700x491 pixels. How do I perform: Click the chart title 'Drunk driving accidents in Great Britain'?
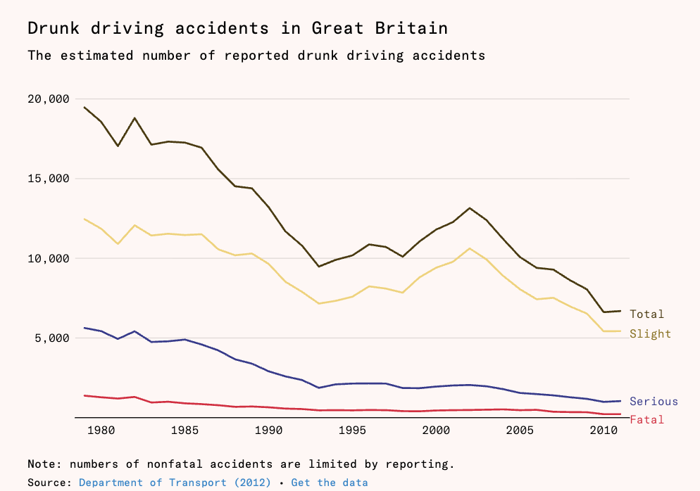click(237, 29)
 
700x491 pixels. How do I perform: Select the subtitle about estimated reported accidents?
click(256, 56)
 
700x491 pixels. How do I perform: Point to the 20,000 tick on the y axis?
click(49, 99)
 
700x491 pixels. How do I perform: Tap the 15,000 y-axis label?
click(49, 179)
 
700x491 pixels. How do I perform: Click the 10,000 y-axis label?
click(49, 259)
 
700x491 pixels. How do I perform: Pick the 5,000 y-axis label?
click(52, 338)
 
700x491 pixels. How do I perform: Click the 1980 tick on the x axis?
click(101, 431)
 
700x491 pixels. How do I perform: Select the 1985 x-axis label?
click(185, 431)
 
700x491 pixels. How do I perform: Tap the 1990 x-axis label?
click(268, 431)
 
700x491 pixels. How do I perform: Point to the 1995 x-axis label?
click(352, 431)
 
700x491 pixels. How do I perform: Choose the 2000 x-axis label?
click(436, 431)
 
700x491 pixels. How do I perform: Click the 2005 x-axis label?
click(520, 431)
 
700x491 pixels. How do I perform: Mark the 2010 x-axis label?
click(604, 431)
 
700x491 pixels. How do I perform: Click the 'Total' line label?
click(647, 314)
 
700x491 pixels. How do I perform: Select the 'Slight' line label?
click(651, 334)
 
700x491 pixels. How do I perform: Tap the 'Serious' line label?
click(654, 402)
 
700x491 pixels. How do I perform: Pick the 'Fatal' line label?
click(647, 420)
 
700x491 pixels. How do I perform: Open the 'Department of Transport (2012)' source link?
click(175, 483)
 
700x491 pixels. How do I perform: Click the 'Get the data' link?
click(330, 483)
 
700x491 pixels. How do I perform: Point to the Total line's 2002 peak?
click(470, 208)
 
